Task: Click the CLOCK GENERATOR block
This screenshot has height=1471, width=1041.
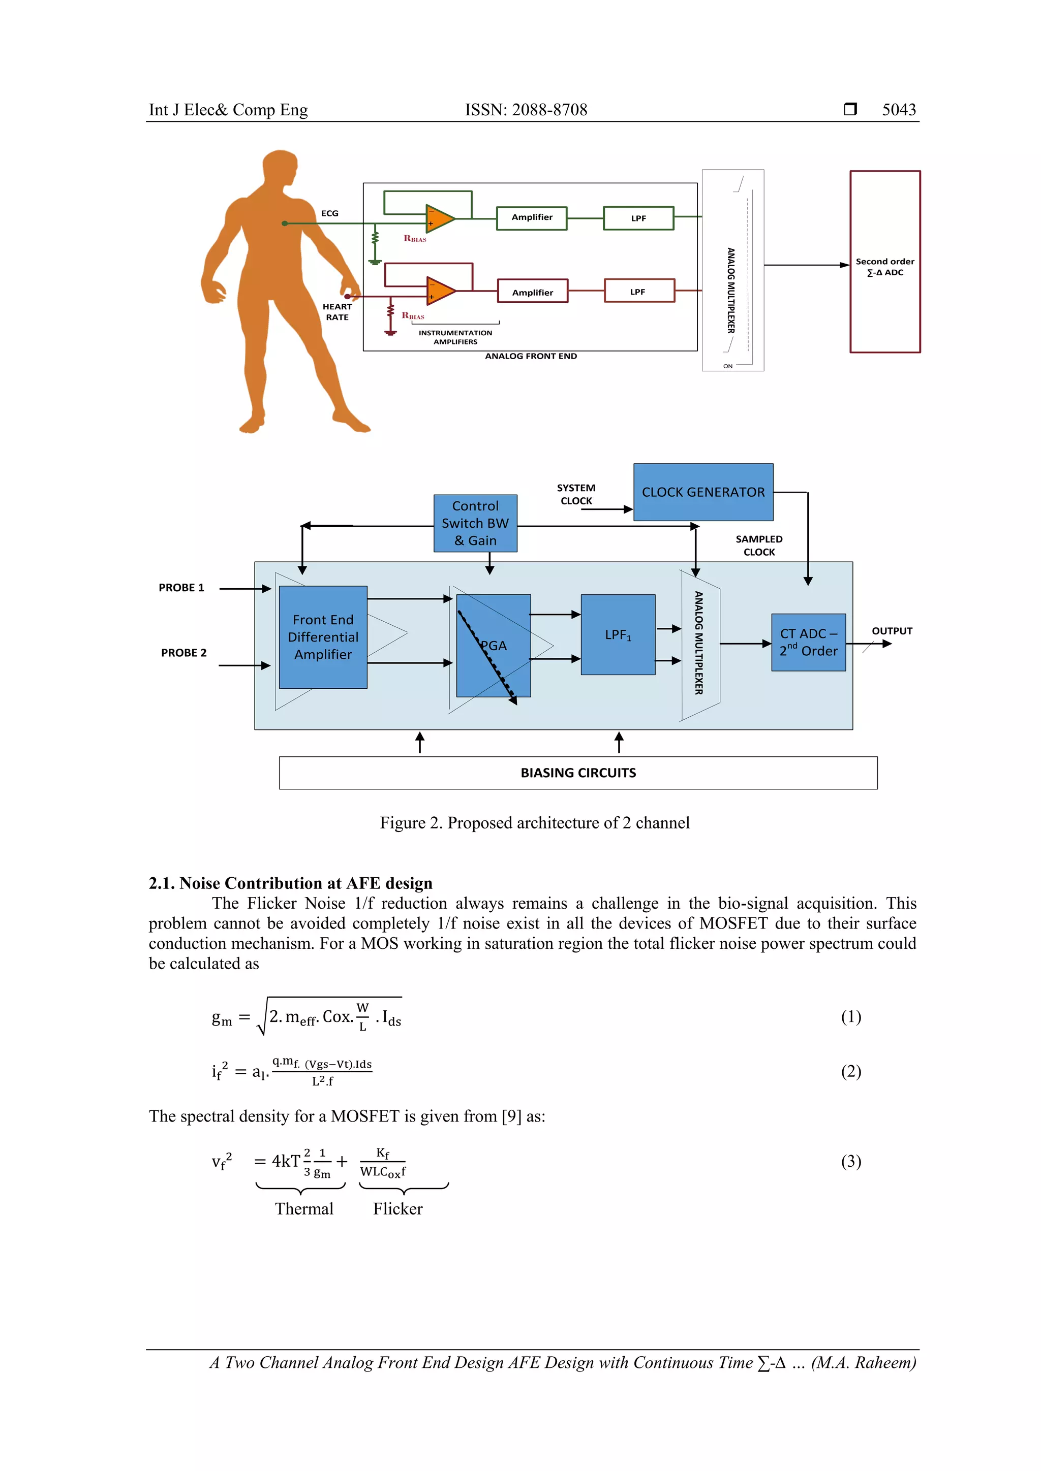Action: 702,492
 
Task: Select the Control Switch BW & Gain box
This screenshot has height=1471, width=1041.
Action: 475,524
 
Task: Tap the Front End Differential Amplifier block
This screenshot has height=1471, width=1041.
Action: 323,637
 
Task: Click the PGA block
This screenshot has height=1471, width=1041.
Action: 494,645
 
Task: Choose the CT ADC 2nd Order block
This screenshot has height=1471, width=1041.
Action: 808,642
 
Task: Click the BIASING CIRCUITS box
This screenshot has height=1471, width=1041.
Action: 577,773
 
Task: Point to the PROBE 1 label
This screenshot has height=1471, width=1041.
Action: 181,588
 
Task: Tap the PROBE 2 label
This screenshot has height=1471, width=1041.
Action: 184,653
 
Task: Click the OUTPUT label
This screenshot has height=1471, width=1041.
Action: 891,631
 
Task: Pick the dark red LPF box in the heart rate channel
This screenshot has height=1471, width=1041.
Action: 638,291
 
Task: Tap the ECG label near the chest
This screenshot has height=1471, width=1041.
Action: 329,213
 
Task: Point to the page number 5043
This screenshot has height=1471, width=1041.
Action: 899,110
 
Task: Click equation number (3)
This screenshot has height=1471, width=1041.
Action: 850,1161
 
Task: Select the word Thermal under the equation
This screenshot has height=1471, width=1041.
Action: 304,1208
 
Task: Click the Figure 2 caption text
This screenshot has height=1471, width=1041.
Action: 535,823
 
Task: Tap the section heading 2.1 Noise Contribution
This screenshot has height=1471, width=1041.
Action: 290,883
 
